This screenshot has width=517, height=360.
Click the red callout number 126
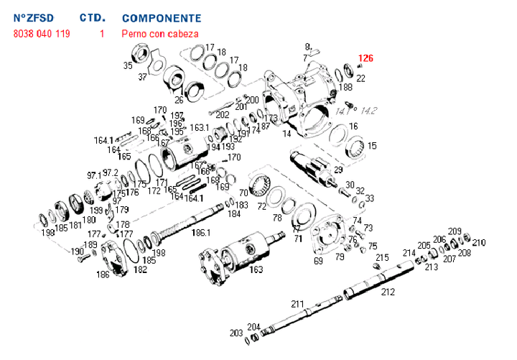[x=366, y=58]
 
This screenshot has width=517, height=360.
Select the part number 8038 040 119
[x=42, y=34]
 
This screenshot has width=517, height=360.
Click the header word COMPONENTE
[x=162, y=17]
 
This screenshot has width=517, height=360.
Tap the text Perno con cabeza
[x=160, y=34]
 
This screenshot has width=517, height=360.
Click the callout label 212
[x=388, y=292]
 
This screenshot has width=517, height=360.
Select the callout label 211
[x=298, y=304]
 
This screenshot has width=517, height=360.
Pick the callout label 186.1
[x=200, y=233]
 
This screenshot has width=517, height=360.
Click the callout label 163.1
[x=199, y=128]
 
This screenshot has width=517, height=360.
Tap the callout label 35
[x=128, y=65]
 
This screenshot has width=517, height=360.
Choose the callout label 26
[x=178, y=100]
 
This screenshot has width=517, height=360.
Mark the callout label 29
[x=338, y=170]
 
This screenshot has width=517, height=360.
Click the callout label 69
[x=318, y=262]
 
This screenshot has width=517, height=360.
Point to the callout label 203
[x=236, y=333]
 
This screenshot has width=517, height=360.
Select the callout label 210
[x=479, y=243]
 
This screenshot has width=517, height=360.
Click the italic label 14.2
[x=369, y=111]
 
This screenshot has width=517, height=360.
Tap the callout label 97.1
[x=94, y=175]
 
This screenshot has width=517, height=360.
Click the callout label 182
[x=140, y=269]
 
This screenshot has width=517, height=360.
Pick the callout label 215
[x=383, y=257]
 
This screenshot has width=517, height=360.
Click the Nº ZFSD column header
[x=34, y=17]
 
